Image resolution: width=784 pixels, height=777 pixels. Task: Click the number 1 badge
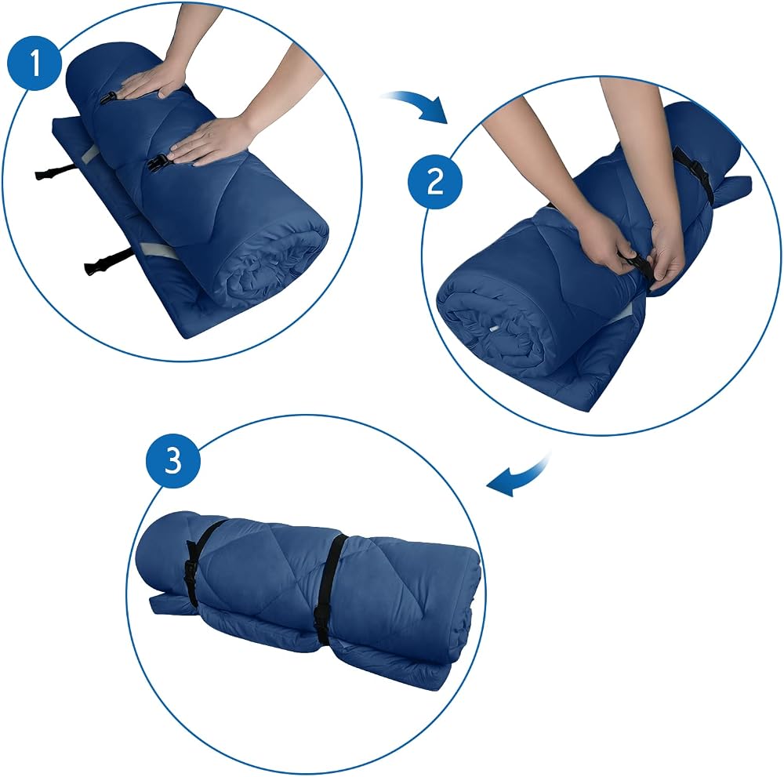[34, 63]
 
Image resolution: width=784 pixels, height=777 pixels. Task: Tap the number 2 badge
[435, 181]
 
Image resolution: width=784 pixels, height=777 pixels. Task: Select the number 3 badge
[173, 460]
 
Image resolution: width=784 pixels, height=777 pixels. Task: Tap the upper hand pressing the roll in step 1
[155, 81]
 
